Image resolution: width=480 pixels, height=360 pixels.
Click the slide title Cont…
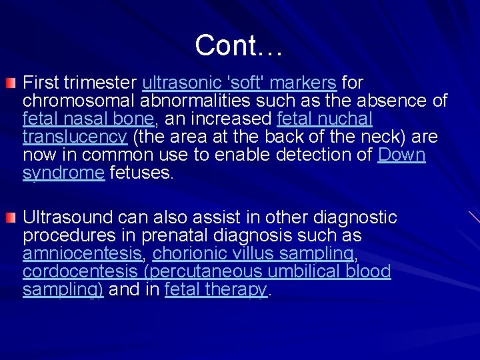(x=239, y=45)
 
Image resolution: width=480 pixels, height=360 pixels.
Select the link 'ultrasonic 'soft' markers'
(x=239, y=83)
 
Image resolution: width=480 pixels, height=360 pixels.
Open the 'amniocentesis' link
(x=82, y=254)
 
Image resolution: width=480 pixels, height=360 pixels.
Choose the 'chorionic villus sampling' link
(x=253, y=254)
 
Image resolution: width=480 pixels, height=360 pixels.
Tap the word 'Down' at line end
(x=401, y=155)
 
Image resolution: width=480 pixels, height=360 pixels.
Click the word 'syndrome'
(x=63, y=173)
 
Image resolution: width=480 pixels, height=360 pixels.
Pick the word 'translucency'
(x=75, y=137)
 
